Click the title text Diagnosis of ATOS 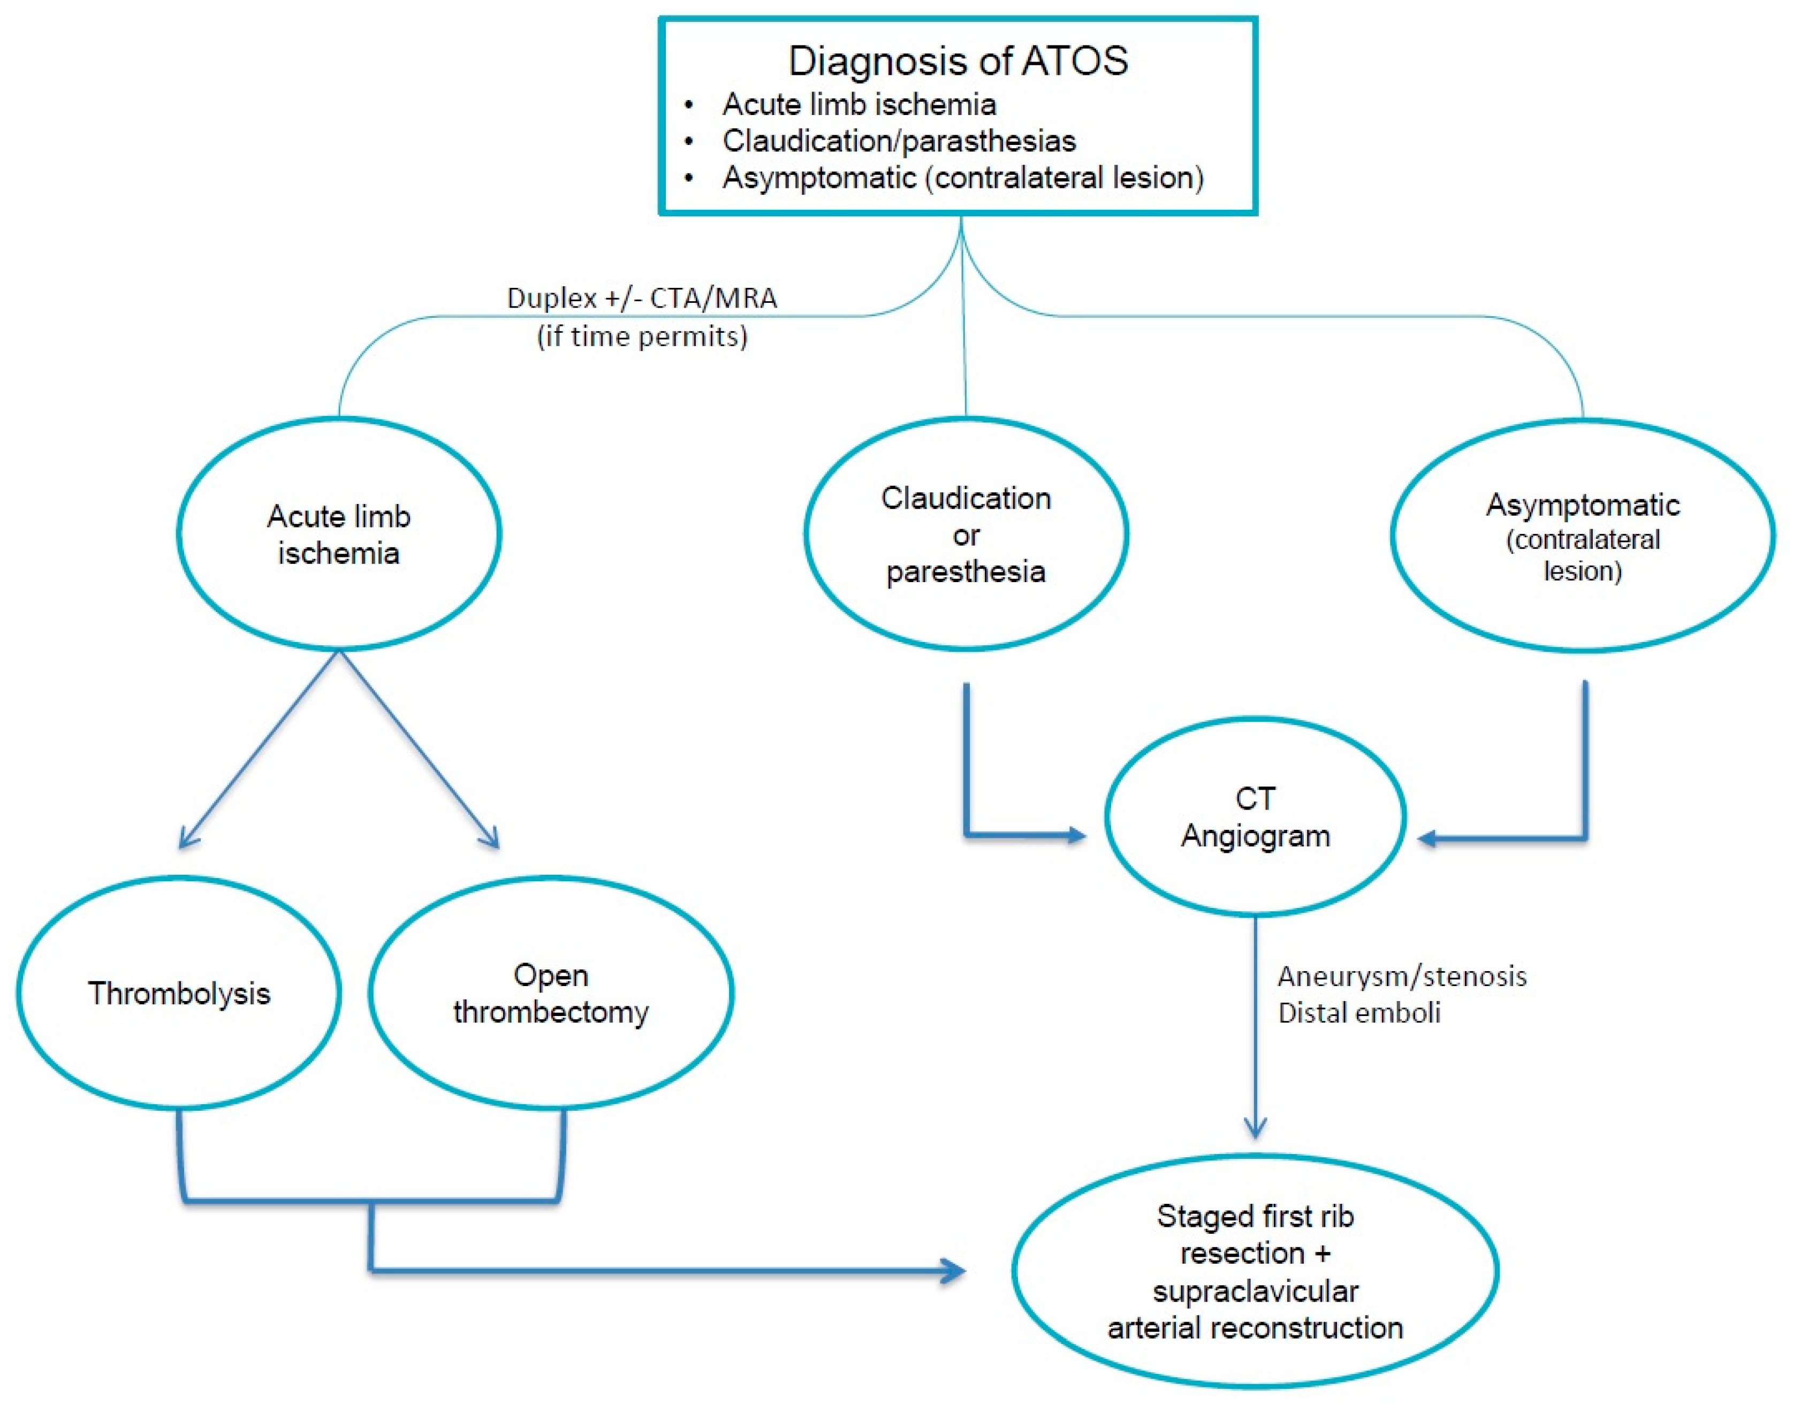tap(958, 61)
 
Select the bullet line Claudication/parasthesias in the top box tap(899, 141)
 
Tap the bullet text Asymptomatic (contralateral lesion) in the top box tap(963, 178)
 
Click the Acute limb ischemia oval tap(338, 534)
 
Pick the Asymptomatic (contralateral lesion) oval tap(1582, 536)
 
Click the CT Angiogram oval tap(1255, 817)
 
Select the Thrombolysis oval tap(179, 994)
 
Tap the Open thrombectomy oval tap(551, 993)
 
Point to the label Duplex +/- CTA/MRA tap(642, 298)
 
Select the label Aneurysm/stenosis tap(1401, 976)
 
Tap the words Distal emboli tap(1358, 1013)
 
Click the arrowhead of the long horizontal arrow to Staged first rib tap(954, 1271)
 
